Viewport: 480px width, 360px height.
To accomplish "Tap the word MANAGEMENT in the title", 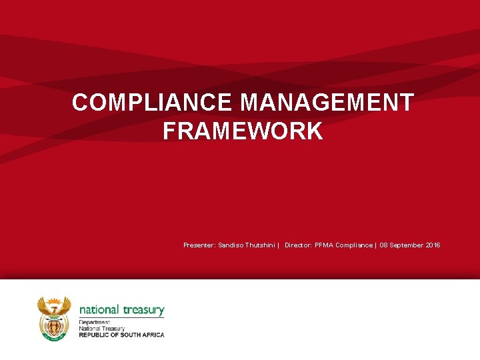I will [x=327, y=103].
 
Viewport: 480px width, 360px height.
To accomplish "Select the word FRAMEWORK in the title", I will [x=243, y=131].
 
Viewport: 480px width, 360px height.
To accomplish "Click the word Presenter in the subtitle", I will [x=199, y=245].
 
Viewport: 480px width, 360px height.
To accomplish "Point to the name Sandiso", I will [x=231, y=245].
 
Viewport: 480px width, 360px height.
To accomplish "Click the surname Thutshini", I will [x=260, y=245].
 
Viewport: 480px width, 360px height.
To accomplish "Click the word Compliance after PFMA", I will [x=354, y=245].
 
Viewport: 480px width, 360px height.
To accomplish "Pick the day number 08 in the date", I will [x=384, y=245].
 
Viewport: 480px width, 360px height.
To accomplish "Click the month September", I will [x=407, y=245].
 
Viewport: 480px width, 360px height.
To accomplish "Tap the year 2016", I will [x=433, y=245].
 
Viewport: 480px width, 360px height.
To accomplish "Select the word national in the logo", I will [x=99, y=310].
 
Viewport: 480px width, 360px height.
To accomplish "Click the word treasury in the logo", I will [x=143, y=310].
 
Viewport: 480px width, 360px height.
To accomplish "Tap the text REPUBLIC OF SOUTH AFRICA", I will [x=121, y=335].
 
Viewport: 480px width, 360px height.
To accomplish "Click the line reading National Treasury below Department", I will [x=101, y=329].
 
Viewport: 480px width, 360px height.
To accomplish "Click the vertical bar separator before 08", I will [x=376, y=245].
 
